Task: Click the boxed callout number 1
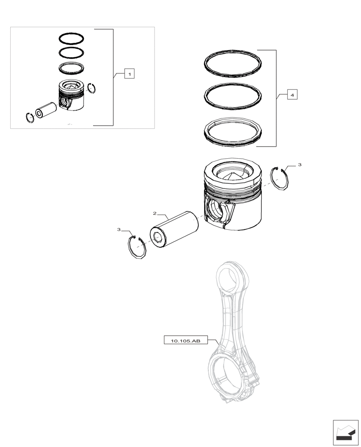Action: coord(129,74)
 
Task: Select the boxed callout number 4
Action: coord(291,95)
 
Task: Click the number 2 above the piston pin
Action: coord(155,214)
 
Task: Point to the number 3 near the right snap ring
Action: coord(299,165)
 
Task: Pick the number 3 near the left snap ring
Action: coord(119,229)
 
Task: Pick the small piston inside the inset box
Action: coord(71,96)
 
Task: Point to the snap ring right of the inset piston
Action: coord(92,89)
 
